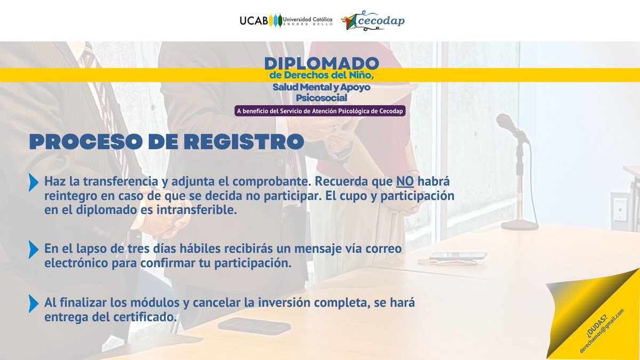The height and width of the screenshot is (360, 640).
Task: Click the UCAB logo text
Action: (253, 21)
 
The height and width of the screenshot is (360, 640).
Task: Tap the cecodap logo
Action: (373, 20)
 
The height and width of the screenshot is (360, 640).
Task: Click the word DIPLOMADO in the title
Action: (322, 63)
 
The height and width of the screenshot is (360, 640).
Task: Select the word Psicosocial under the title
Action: (322, 98)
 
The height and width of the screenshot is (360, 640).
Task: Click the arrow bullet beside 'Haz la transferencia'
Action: (34, 182)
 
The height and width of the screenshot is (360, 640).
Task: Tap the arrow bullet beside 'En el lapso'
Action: (34, 250)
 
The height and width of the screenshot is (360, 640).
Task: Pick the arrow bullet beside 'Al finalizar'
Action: (34, 303)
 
